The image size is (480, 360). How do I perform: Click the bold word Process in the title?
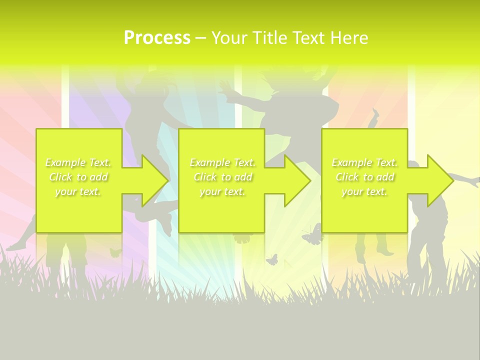(x=157, y=38)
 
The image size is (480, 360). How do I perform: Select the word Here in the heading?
(x=349, y=38)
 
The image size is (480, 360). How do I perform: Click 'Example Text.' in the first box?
(x=78, y=162)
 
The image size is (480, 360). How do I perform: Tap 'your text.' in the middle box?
(x=222, y=192)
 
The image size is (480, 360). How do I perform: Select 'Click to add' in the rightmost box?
(x=365, y=177)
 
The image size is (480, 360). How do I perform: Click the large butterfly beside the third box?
(x=311, y=235)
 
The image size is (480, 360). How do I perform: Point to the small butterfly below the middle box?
(x=271, y=259)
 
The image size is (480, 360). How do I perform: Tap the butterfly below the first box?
(x=115, y=252)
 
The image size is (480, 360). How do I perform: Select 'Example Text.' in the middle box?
(x=222, y=162)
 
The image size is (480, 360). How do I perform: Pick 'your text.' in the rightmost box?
(x=365, y=192)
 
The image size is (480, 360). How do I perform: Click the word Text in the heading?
(x=308, y=38)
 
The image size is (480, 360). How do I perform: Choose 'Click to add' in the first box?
(x=78, y=177)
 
